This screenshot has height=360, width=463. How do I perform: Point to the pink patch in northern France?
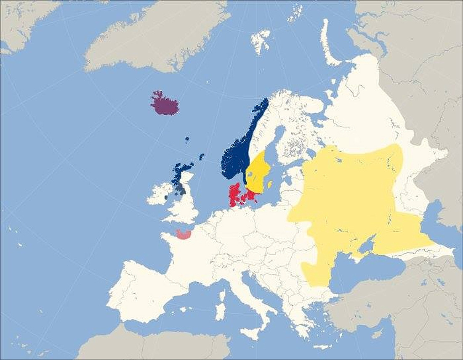pyautogui.click(x=184, y=234)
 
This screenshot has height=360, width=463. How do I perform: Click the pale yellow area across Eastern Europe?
pyautogui.click(x=349, y=193)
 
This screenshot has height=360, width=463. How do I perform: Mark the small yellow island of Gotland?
pyautogui.click(x=270, y=184)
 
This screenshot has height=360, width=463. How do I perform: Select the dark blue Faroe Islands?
pyautogui.click(x=187, y=139)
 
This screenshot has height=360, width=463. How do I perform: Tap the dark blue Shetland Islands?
pyautogui.click(x=202, y=156)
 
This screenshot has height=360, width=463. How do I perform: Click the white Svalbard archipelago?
pyautogui.click(x=261, y=40)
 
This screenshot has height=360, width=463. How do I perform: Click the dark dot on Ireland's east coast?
pyautogui.click(x=166, y=197)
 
